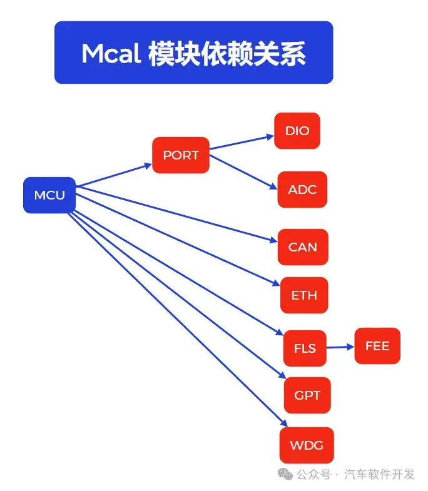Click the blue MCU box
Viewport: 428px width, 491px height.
[49, 195]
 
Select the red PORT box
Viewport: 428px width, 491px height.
[181, 155]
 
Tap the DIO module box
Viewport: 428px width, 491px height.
[297, 131]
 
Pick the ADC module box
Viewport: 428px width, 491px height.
[302, 189]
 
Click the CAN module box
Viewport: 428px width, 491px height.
[303, 247]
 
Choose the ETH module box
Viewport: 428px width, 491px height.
[304, 295]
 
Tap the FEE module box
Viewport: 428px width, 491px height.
[377, 346]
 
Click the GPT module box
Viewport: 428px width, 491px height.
[307, 395]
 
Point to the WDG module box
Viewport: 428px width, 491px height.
[307, 445]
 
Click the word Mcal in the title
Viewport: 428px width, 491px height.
[111, 54]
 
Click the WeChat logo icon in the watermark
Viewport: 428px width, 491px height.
[286, 474]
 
